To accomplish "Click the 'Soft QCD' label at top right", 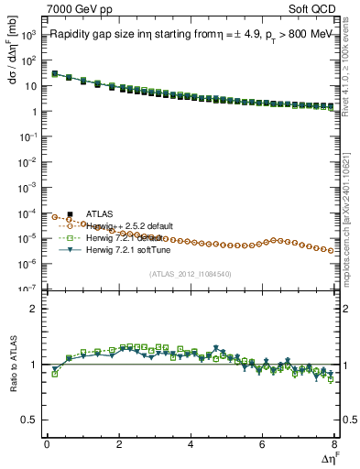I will point(317,8).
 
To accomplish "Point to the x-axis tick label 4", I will point(191,444).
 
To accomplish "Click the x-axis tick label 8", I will point(334,444).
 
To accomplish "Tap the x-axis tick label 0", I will point(47,444).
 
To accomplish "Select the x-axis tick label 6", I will point(263,444).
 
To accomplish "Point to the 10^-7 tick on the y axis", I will point(31,289).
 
